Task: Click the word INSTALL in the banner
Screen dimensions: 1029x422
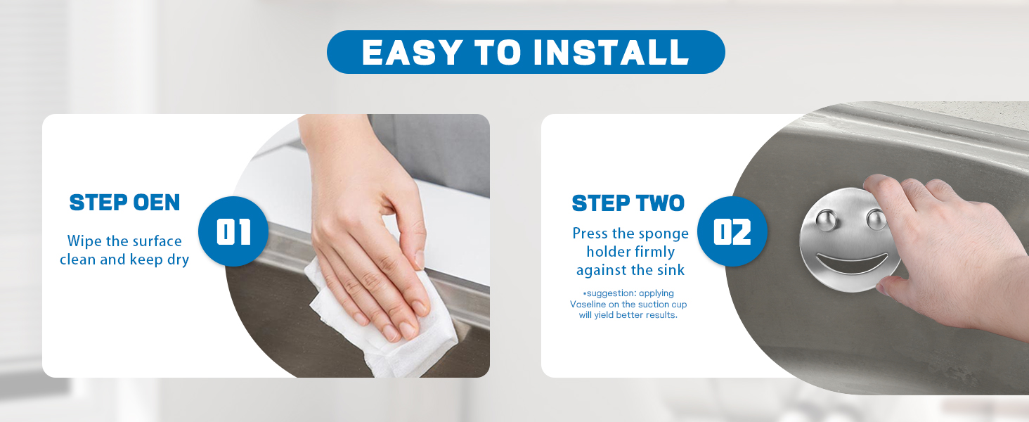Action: point(611,53)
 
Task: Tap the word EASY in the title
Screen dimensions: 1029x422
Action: point(412,53)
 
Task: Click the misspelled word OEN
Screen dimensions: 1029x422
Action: point(157,203)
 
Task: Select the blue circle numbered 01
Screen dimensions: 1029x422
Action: point(233,231)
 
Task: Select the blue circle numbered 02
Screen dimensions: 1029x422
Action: point(732,231)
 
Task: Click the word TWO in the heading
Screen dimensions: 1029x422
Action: point(660,203)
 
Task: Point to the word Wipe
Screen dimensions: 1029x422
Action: point(84,241)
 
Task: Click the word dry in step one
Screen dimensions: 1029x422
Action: point(178,260)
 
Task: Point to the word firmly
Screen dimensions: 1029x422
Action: point(652,252)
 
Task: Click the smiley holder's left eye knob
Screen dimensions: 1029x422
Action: point(827,219)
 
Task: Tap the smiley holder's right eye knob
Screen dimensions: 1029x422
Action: point(876,219)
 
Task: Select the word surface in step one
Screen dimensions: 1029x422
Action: point(157,241)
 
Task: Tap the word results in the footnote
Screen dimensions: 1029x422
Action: point(662,315)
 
